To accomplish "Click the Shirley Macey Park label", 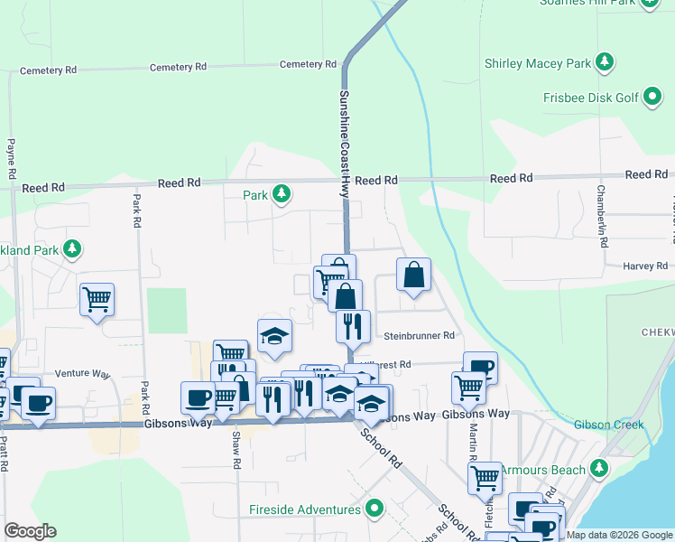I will coord(537,63).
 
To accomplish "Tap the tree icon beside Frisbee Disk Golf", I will coord(652,98).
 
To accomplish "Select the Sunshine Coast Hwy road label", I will coord(344,145).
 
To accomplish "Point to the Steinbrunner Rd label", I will coord(419,336).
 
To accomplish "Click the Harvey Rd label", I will coord(644,266).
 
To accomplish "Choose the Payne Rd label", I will coord(12,158).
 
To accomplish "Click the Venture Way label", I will coord(80,373).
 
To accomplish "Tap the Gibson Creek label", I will coord(608,425).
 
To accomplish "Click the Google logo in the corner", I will coord(29,531).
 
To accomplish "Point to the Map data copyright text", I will coord(619,535).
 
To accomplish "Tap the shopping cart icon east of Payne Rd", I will coord(97,299).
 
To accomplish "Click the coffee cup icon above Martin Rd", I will coord(480,366).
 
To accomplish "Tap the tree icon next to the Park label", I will coord(282,194).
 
